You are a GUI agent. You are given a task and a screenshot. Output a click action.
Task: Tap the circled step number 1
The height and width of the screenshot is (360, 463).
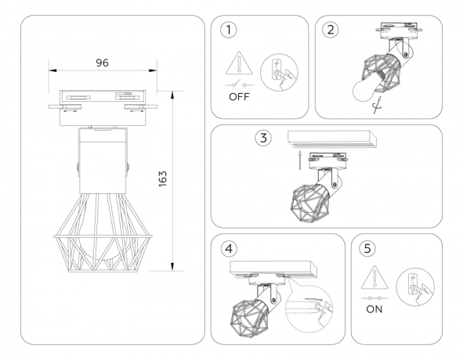point(228,31)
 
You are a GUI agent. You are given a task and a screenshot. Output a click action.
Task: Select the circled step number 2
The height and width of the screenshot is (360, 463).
point(331,31)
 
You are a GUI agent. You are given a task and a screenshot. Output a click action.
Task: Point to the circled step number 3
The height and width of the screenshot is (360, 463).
point(264,139)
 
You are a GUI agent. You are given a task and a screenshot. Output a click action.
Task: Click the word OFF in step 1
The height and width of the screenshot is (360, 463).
point(240,99)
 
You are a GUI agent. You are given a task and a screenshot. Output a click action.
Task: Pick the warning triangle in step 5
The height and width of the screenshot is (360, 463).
point(373,277)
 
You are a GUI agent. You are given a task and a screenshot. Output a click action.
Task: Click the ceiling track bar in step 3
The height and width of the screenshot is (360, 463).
point(333,139)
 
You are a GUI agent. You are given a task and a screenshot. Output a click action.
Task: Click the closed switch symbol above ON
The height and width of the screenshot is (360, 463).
point(373,297)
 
